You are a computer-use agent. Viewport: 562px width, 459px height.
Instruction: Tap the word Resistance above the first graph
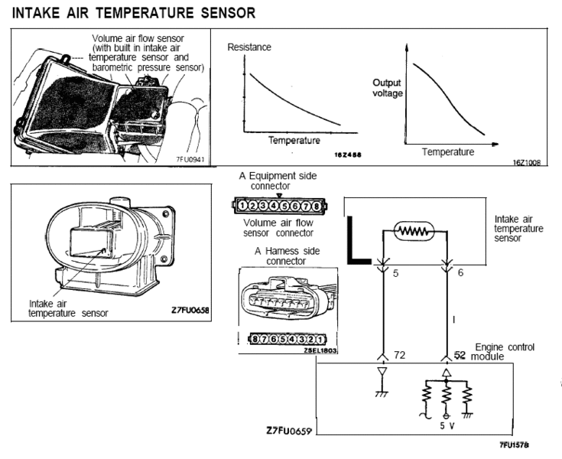(250, 47)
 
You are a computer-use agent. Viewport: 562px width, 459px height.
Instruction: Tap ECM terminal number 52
(460, 356)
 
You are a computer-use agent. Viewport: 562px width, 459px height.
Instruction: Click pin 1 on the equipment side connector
(242, 205)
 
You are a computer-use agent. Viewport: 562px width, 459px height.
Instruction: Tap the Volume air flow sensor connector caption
(277, 228)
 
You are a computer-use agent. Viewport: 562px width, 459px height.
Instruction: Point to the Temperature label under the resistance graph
(294, 141)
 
